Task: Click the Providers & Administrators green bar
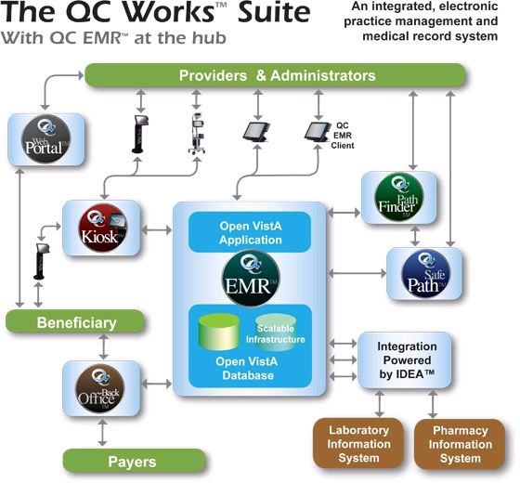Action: tap(276, 75)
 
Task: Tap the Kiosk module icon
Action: tap(101, 228)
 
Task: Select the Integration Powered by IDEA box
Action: tap(407, 360)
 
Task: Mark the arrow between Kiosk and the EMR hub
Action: tap(158, 228)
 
